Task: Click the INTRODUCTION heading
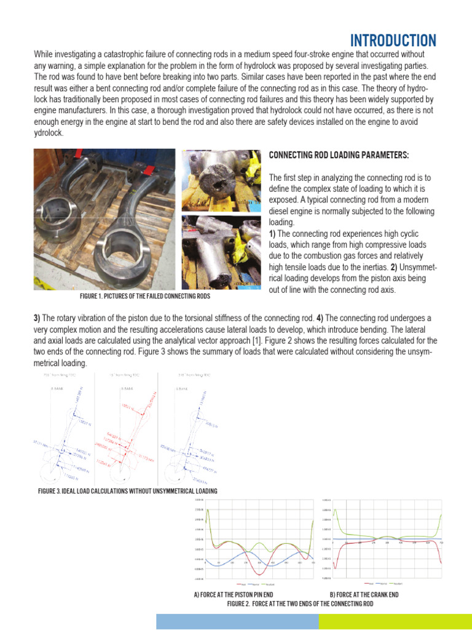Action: pos(393,41)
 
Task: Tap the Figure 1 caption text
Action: pos(144,296)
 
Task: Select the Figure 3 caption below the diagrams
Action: pos(127,490)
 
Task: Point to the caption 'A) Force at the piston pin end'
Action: pos(233,595)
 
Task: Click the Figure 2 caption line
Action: pos(300,604)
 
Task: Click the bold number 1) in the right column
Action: pos(273,233)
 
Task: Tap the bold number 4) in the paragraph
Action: pos(320,318)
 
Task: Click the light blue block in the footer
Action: pos(237,621)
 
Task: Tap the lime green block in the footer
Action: pos(395,621)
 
